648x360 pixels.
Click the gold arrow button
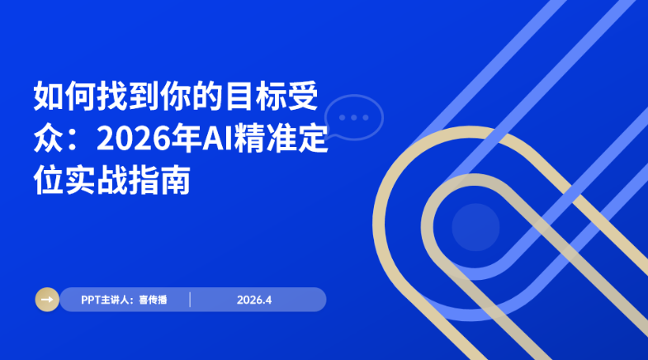[47, 299]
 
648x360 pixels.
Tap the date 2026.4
[254, 300]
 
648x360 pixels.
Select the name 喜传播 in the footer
[154, 300]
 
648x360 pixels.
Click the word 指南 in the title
[158, 180]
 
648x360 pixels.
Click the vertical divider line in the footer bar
[191, 299]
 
